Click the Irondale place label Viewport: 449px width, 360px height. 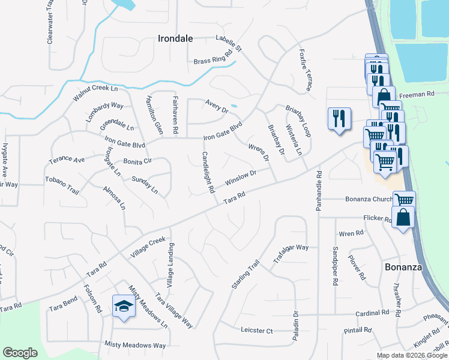tap(175, 38)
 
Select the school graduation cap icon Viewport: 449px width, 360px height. tap(124, 306)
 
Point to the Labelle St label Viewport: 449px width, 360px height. tap(228, 43)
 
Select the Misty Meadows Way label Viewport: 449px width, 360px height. tap(135, 345)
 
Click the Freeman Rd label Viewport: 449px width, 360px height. tap(417, 94)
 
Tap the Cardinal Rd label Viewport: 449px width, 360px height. tap(372, 313)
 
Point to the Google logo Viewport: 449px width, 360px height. tap(20, 353)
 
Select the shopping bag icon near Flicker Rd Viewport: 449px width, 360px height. tap(403, 218)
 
